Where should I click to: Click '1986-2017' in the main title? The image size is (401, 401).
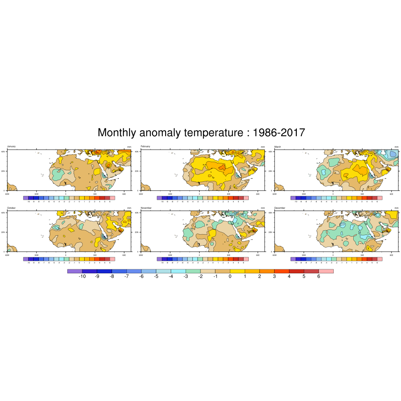279,133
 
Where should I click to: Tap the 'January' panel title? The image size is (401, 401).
11,146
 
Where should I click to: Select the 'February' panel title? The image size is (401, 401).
145,146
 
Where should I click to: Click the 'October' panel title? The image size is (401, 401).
11,208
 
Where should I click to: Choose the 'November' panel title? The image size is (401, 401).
146,208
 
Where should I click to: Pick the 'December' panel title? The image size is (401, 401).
280,208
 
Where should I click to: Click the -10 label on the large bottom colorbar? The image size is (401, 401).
82,276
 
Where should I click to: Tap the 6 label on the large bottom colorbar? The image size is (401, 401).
319,276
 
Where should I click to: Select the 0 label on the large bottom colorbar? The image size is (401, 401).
230,276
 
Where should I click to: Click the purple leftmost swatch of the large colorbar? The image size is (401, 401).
75,271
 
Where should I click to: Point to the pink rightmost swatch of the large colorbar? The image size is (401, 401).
326,271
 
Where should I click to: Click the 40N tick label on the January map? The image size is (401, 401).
4,151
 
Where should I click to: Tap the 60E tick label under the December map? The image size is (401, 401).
392,255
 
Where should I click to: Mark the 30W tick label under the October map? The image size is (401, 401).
36,255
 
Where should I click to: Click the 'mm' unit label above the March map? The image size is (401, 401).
396,147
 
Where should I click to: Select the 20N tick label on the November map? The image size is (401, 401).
137,232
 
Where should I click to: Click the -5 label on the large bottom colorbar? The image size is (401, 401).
156,276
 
